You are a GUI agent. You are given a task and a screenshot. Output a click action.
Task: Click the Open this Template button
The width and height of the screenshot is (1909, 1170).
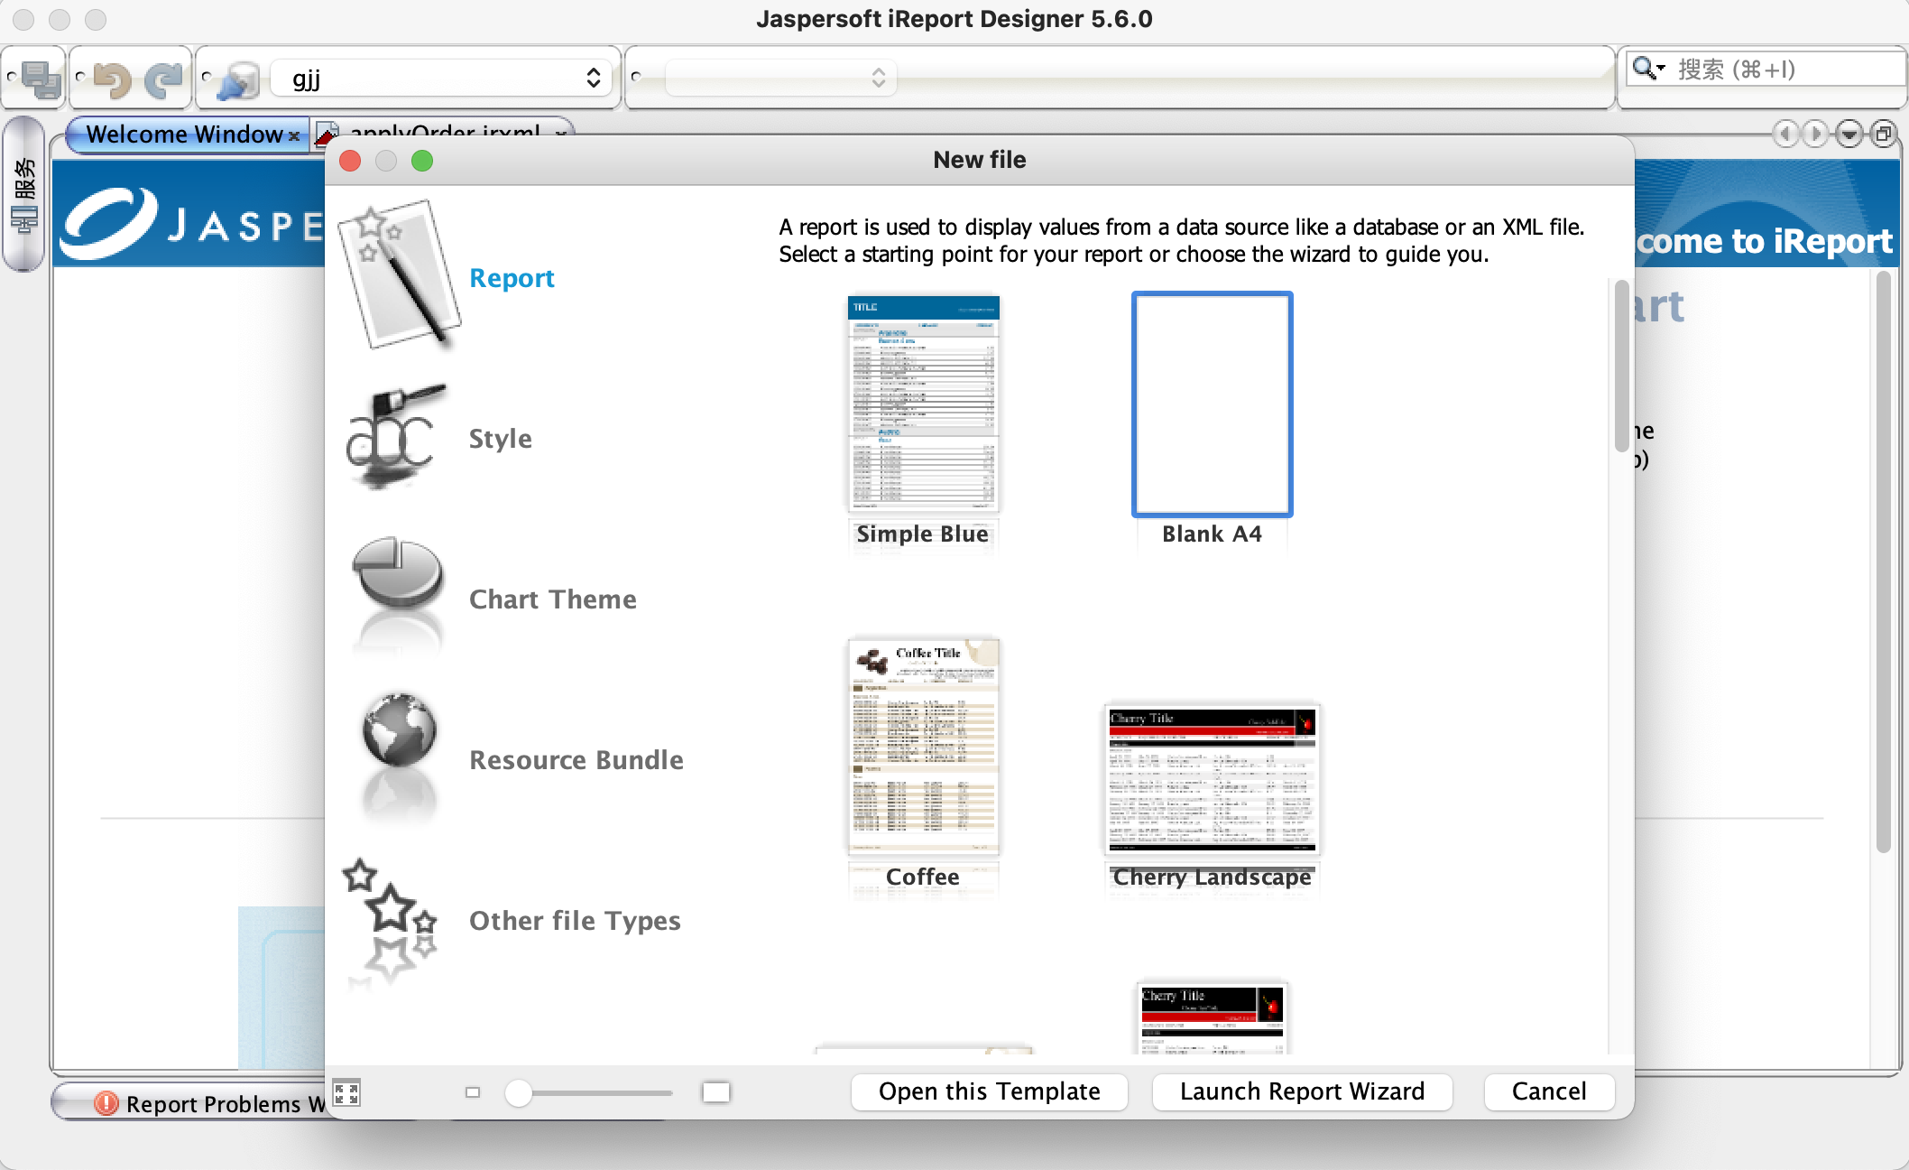pos(989,1091)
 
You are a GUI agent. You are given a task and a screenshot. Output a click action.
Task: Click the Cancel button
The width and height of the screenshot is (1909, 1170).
pos(1548,1091)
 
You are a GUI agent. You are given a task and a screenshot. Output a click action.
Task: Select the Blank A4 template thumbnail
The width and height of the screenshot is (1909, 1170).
pos(1212,404)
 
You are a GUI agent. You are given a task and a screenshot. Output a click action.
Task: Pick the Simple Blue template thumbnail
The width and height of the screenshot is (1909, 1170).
pos(923,404)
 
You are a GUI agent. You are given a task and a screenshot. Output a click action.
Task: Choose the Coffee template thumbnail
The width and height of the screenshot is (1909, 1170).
pos(923,747)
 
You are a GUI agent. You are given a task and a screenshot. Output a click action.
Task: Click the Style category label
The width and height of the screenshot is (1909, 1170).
pos(500,439)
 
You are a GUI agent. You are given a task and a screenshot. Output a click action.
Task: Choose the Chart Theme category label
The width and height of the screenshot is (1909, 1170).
pos(552,599)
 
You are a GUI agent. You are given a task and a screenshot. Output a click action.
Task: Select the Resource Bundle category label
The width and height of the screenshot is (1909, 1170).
pos(576,760)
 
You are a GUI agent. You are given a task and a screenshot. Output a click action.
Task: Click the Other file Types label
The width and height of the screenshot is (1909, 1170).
pos(575,921)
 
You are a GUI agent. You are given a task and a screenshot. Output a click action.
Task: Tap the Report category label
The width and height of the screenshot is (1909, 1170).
pos(512,278)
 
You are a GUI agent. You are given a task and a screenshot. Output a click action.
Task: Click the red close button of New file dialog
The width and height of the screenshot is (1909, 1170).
pos(350,161)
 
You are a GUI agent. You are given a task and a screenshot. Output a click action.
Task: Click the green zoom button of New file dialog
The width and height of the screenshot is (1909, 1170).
pos(422,161)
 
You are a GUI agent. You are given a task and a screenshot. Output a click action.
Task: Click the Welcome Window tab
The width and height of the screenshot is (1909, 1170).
pos(184,135)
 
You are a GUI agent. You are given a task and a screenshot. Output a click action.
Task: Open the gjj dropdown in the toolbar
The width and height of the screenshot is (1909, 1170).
pos(442,79)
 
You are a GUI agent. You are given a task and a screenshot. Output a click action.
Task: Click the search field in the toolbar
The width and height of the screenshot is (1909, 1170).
pos(1777,70)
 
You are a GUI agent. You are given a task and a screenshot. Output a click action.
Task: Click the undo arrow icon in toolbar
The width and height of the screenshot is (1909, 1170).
pos(112,79)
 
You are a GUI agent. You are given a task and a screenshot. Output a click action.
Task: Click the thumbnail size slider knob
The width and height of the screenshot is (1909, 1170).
pos(518,1093)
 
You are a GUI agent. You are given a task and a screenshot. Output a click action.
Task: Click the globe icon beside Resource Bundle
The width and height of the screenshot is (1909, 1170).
pos(399,731)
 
